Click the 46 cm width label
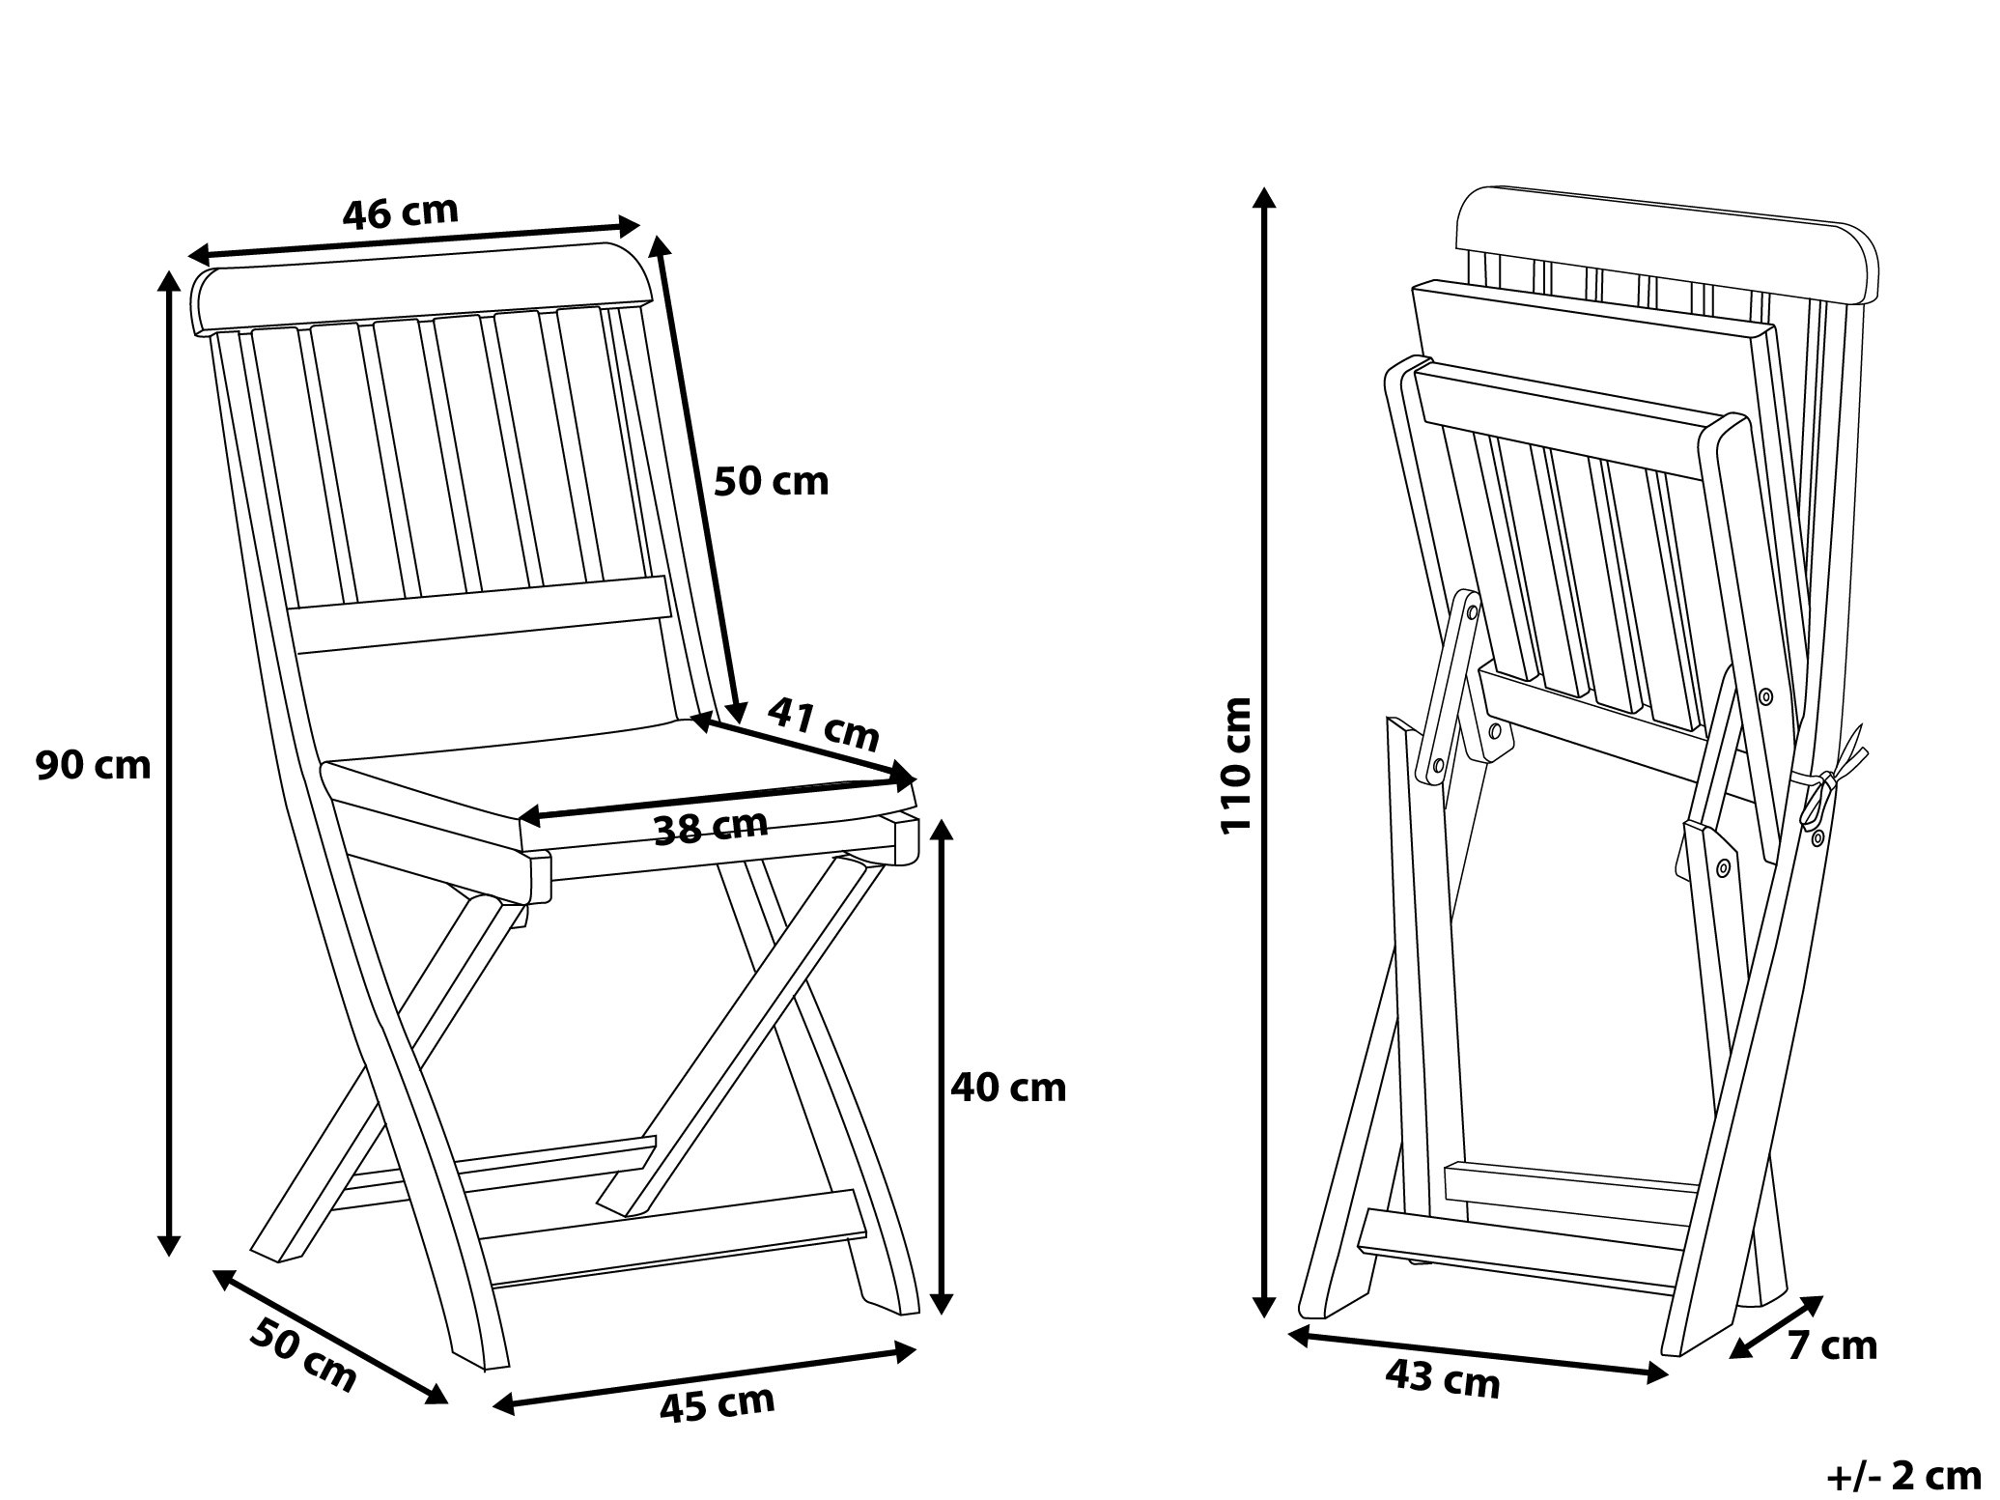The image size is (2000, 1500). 400,213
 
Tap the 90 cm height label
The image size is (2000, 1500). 94,766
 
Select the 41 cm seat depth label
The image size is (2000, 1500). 824,723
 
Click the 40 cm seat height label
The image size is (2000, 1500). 1008,1089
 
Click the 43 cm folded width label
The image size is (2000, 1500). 1443,1378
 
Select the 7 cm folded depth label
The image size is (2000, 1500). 1831,1346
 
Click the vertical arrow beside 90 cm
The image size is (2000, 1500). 169,763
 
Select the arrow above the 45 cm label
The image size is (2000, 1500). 704,1378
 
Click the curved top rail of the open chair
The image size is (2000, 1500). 423,287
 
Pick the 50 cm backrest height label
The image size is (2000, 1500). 772,481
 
